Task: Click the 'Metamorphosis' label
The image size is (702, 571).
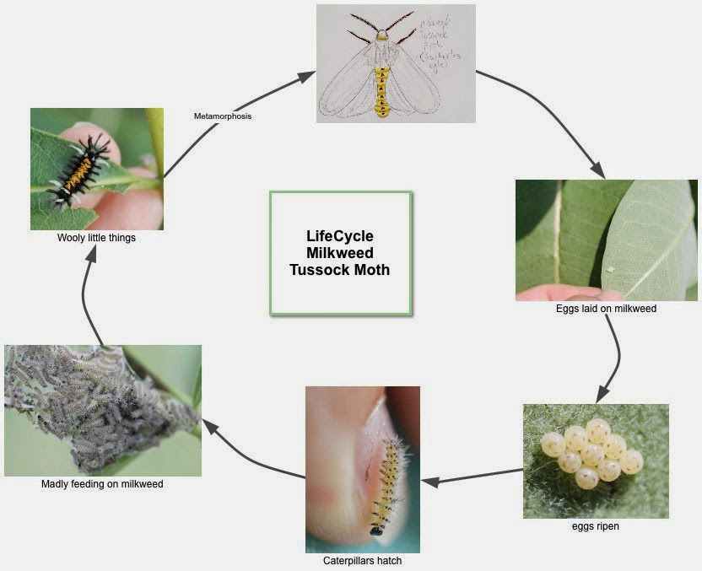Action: click(223, 116)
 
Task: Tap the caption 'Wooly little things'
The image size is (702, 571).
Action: click(96, 238)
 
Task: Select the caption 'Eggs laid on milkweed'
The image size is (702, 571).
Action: click(606, 309)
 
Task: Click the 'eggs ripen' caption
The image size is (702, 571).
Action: click(596, 526)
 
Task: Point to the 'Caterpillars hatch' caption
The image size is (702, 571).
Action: click(362, 560)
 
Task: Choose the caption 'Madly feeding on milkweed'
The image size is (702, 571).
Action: click(102, 484)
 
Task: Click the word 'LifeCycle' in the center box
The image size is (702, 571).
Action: click(339, 236)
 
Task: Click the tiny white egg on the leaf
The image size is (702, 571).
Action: click(610, 270)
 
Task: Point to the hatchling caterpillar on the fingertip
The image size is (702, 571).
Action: click(386, 485)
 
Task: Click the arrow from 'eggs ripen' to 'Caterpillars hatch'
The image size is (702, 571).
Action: click(472, 477)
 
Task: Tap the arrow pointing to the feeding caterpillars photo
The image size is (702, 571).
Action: click(253, 451)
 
